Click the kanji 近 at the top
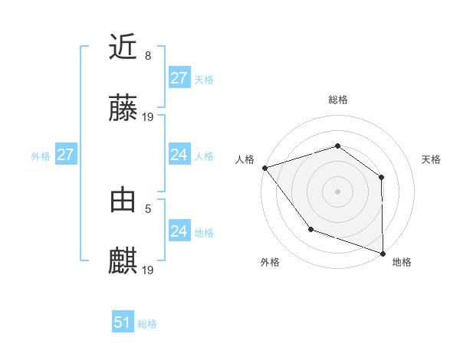[x=123, y=47]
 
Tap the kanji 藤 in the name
[x=123, y=108]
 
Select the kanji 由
[x=123, y=200]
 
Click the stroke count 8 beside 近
[x=148, y=55]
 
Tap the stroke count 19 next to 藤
[x=149, y=116]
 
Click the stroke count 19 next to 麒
[x=149, y=270]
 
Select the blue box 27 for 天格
[x=179, y=78]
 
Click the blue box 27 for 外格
[x=66, y=155]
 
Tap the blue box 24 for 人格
[x=179, y=155]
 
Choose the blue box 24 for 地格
[x=179, y=231]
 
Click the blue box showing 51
[x=123, y=322]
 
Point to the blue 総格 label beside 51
[x=147, y=324]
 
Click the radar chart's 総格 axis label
[x=337, y=100]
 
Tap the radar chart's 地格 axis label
[x=402, y=262]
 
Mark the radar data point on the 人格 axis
[x=264, y=167]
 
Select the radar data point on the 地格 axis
[x=383, y=253]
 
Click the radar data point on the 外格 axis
[x=310, y=228]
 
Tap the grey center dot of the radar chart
[x=337, y=191]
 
